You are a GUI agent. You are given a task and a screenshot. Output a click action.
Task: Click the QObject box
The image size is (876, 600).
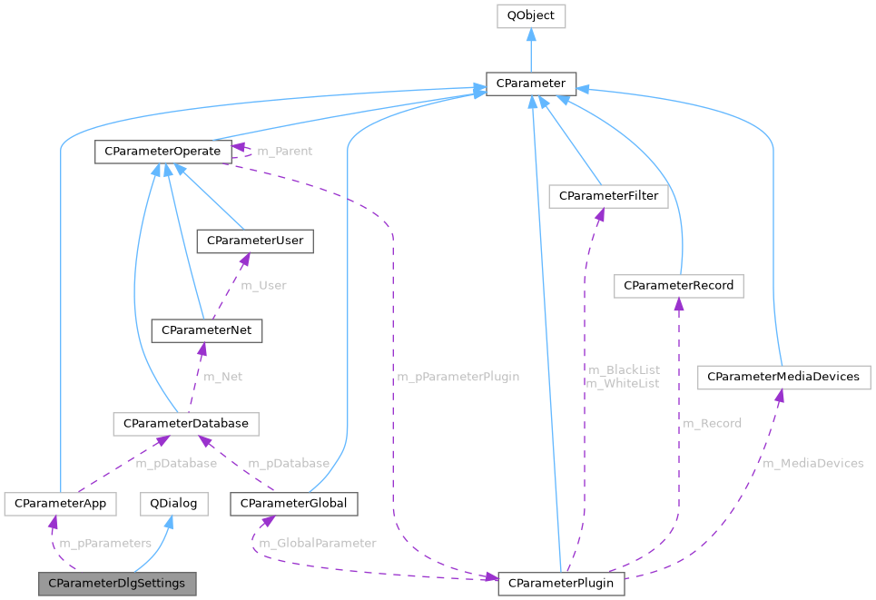531,15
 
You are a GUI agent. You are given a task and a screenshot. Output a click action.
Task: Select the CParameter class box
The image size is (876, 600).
531,84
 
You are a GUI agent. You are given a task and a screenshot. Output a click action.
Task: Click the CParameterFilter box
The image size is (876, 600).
608,195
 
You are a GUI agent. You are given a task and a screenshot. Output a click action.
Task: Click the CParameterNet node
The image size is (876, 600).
207,331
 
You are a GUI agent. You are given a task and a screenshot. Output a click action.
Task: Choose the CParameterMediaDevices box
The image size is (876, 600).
782,376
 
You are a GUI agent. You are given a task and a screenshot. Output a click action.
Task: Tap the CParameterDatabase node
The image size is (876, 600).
185,423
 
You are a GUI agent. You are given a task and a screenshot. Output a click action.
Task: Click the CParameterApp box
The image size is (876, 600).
57,503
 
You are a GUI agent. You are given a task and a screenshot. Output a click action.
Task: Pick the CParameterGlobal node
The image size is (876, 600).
294,503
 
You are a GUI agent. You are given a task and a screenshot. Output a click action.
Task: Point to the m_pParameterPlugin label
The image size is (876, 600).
458,377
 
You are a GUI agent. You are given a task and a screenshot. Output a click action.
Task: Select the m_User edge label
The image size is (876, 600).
262,285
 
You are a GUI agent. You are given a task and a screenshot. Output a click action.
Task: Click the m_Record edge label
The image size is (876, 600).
712,423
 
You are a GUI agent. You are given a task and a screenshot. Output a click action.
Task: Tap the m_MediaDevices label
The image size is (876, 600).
812,464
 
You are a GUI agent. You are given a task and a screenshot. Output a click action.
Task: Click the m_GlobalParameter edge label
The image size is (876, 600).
317,544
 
